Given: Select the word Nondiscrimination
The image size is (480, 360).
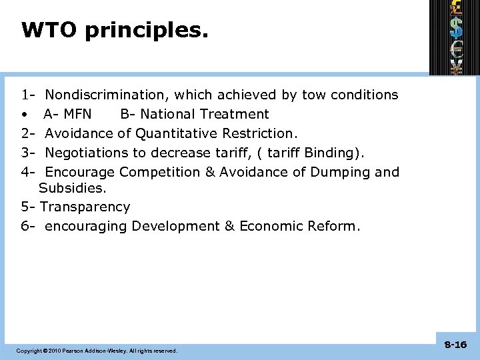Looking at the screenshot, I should pyautogui.click(x=109, y=95).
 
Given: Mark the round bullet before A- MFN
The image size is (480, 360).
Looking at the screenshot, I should pyautogui.click(x=24, y=115).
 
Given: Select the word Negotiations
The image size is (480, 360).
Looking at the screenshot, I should pyautogui.click(x=86, y=153).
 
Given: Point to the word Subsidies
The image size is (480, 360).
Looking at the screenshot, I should pyautogui.click(x=72, y=189).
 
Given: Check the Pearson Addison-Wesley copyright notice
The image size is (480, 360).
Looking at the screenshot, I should pyautogui.click(x=97, y=350).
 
